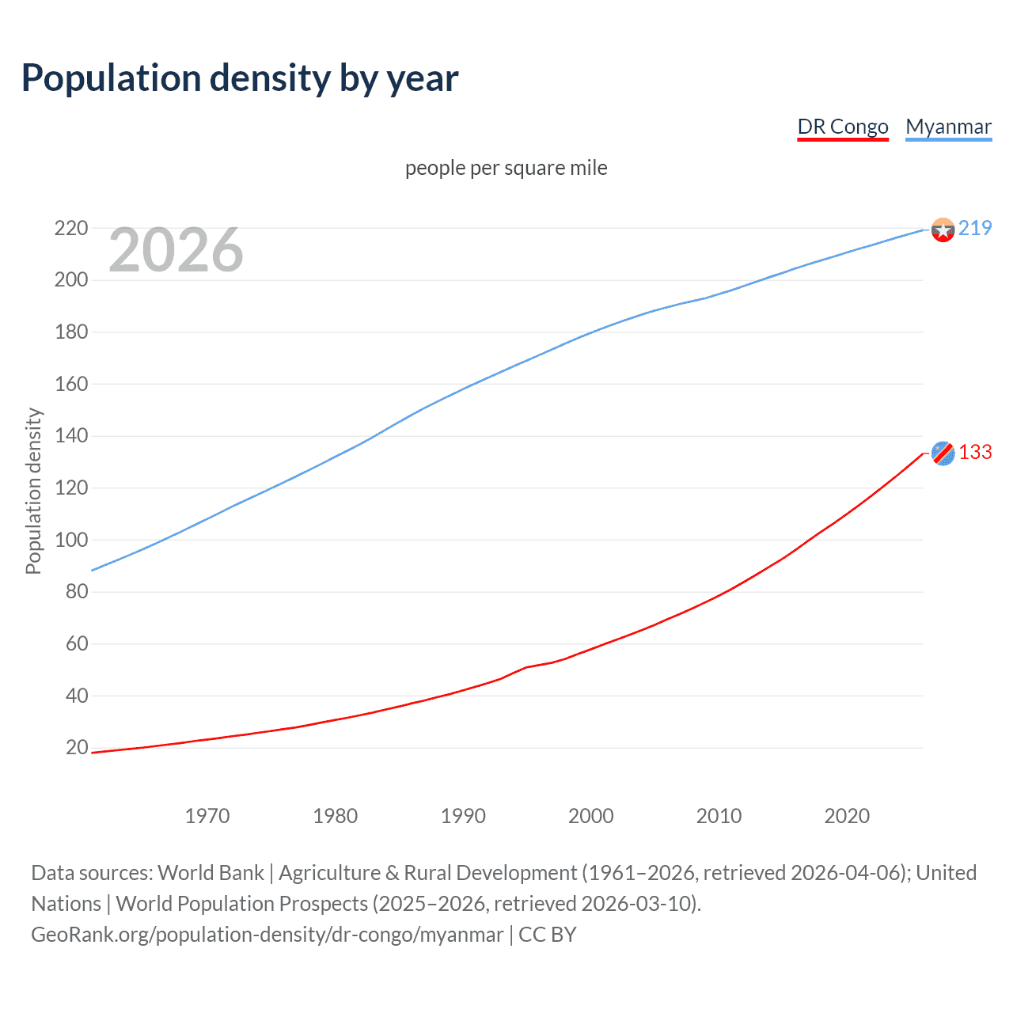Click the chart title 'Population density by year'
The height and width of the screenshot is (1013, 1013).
pyautogui.click(x=240, y=78)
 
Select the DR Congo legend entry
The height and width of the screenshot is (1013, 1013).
pyautogui.click(x=842, y=127)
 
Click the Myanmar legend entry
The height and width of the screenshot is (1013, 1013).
pyautogui.click(x=948, y=127)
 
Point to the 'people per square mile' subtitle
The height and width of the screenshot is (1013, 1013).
pyautogui.click(x=506, y=168)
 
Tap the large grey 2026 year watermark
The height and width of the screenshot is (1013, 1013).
pyautogui.click(x=176, y=250)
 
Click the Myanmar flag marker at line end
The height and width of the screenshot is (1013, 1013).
pyautogui.click(x=943, y=230)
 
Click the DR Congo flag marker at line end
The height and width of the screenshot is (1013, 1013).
pyautogui.click(x=943, y=453)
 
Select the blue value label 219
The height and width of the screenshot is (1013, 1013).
pyautogui.click(x=975, y=228)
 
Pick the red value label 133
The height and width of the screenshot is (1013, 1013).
pyautogui.click(x=975, y=452)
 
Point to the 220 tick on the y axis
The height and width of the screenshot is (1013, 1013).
pyautogui.click(x=71, y=228)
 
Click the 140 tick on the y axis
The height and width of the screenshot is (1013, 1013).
pyautogui.click(x=71, y=435)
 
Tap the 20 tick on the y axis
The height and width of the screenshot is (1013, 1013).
pyautogui.click(x=77, y=747)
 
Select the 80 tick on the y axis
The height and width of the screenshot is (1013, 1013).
pyautogui.click(x=77, y=591)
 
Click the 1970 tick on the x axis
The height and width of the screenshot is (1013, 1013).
pyautogui.click(x=207, y=816)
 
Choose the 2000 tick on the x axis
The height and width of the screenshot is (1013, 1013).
pyautogui.click(x=591, y=816)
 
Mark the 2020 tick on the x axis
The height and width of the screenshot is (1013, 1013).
pyautogui.click(x=847, y=816)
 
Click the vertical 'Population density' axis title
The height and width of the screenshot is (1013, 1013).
pyautogui.click(x=33, y=491)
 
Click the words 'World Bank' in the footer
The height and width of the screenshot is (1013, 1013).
pyautogui.click(x=211, y=873)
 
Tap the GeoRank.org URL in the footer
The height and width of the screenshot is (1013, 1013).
pyautogui.click(x=267, y=935)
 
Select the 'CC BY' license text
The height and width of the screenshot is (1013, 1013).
pyautogui.click(x=548, y=935)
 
